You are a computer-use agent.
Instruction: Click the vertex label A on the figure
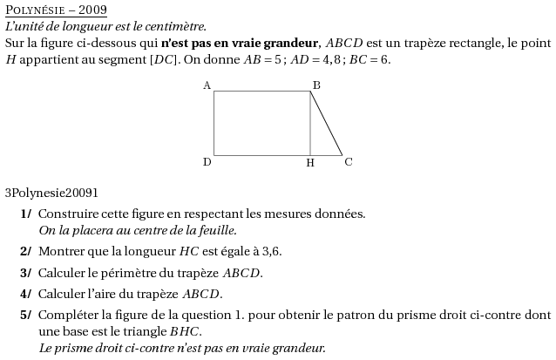pyautogui.click(x=207, y=85)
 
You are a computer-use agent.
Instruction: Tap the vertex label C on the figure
pyautogui.click(x=349, y=161)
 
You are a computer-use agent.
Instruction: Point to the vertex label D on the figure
pyautogui.click(x=207, y=162)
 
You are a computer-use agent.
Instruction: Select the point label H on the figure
pyautogui.click(x=309, y=163)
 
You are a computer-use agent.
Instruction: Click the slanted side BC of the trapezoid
pyautogui.click(x=327, y=124)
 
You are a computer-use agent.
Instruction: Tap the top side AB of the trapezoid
pyautogui.click(x=261, y=91)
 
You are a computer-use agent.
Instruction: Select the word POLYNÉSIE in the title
pyautogui.click(x=36, y=10)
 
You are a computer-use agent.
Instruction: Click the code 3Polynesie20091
pyautogui.click(x=51, y=193)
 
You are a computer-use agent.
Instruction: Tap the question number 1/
pyautogui.click(x=26, y=214)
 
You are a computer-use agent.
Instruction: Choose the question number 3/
pyautogui.click(x=26, y=273)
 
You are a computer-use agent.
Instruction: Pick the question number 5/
pyautogui.click(x=26, y=315)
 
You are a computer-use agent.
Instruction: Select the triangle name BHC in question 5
pyautogui.click(x=185, y=331)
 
